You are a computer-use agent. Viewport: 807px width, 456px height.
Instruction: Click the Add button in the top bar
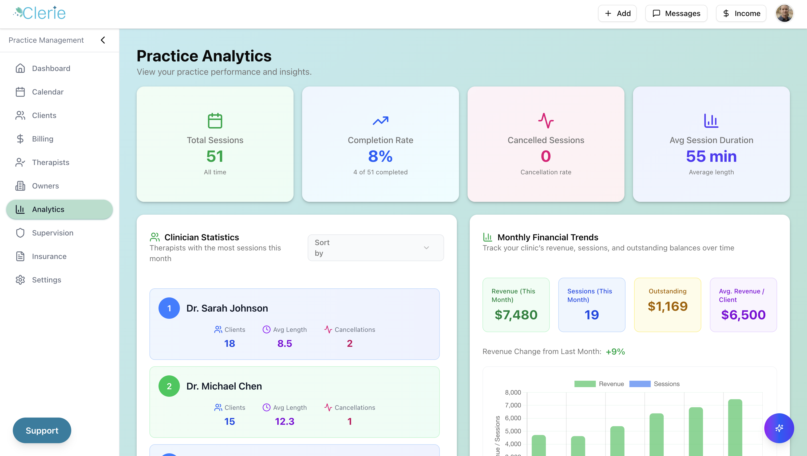coord(617,13)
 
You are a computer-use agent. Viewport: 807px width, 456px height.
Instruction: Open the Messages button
coord(676,13)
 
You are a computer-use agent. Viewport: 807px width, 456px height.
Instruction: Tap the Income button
coord(741,13)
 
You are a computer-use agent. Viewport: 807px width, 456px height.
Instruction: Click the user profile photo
coord(784,13)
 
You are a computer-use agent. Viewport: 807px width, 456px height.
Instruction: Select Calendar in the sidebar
coord(48,92)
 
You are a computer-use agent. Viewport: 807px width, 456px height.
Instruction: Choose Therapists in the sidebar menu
coord(50,162)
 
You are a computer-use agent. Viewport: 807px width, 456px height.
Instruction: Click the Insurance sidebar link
coord(49,256)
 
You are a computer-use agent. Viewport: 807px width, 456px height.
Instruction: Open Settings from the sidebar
coord(46,280)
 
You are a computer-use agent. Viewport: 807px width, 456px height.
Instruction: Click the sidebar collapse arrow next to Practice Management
coord(103,40)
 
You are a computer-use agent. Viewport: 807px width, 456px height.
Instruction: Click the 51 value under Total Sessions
coord(215,156)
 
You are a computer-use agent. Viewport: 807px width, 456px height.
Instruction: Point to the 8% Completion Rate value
coord(380,156)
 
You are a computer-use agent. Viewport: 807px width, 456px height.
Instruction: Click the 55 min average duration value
coord(711,156)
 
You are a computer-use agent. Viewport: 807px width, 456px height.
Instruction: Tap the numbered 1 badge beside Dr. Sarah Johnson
coord(169,308)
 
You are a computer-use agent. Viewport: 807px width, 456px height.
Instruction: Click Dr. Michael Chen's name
coord(224,386)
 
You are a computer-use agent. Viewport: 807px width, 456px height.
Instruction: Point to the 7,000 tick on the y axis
coord(513,405)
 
